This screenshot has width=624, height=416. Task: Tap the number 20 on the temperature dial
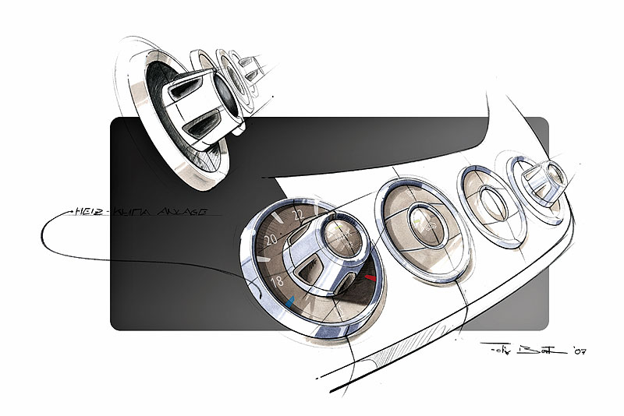[271, 241]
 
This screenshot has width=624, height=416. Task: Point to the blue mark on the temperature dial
[289, 299]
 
